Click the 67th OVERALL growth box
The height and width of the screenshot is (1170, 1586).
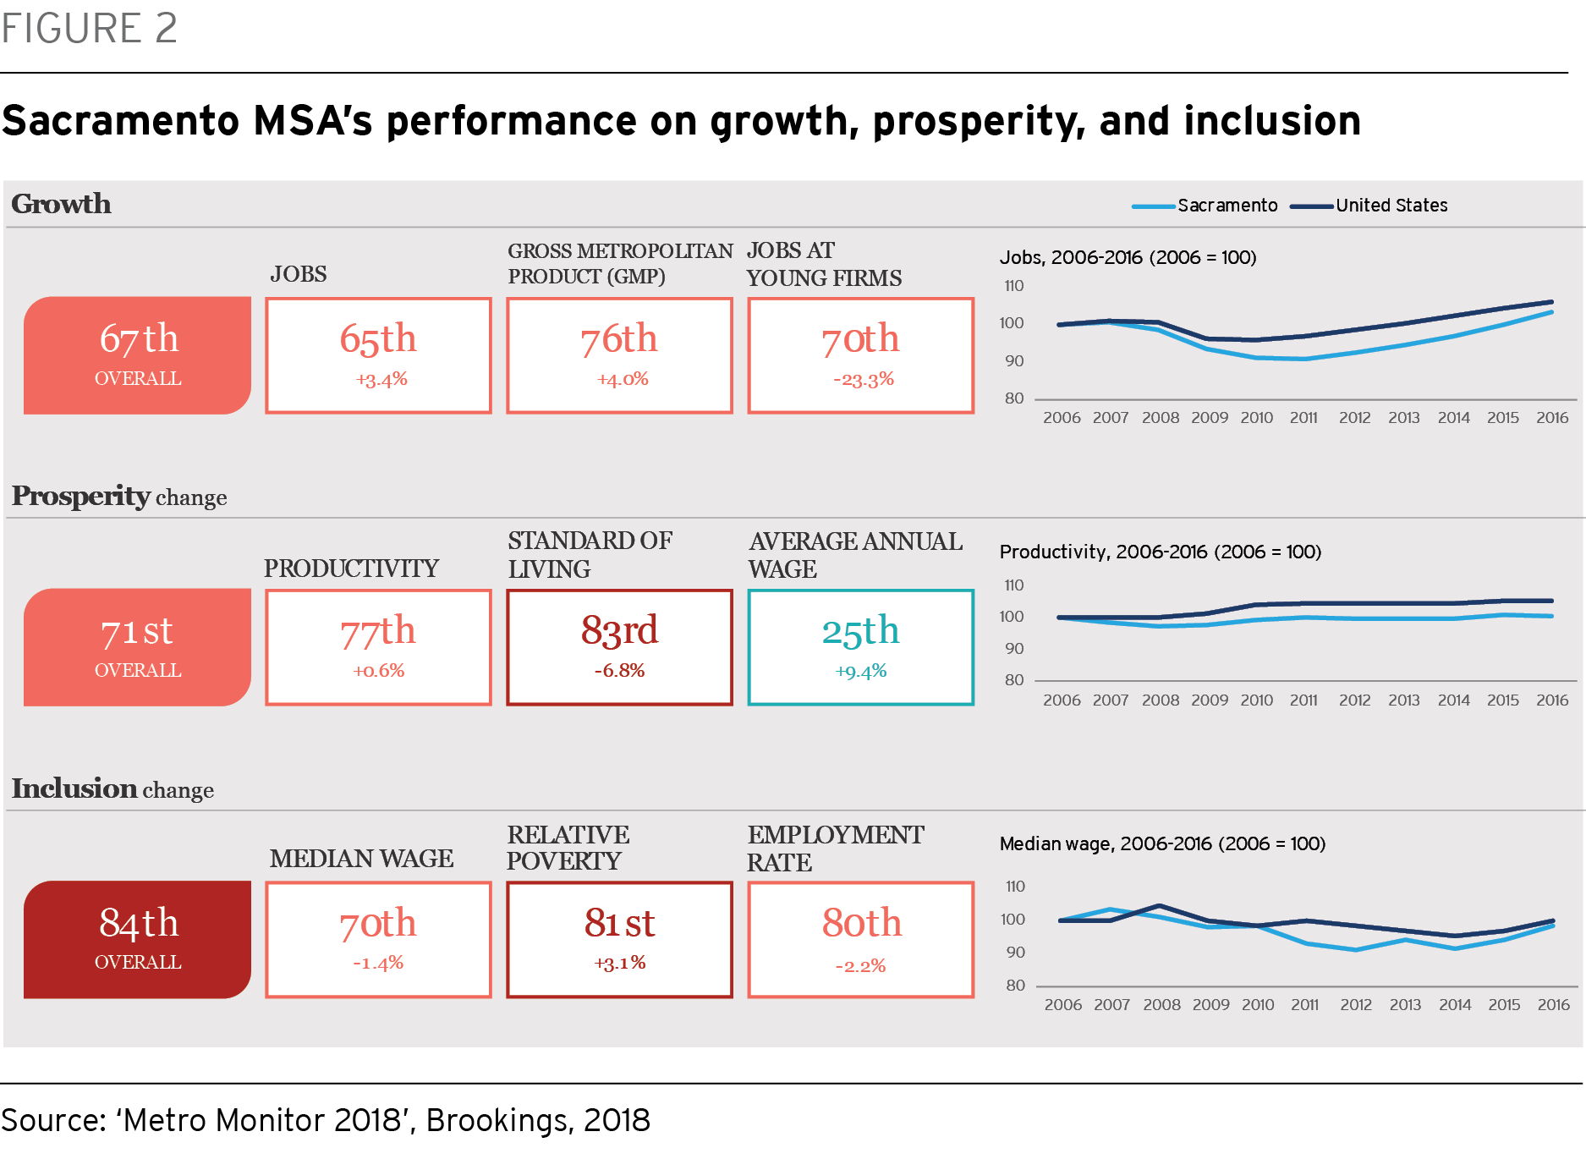[137, 355]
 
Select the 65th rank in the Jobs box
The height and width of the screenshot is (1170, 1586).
[378, 338]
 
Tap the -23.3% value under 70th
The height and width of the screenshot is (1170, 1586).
[864, 379]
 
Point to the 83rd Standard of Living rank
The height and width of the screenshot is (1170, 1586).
[619, 630]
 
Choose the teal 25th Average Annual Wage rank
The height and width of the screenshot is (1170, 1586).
[860, 631]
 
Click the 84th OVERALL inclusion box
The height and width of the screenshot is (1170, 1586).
[137, 939]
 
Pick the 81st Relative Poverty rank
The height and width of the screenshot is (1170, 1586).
[619, 923]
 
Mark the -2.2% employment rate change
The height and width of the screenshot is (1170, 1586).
[860, 966]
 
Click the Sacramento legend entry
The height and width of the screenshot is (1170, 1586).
[1205, 206]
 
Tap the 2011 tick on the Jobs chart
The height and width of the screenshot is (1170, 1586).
[1303, 418]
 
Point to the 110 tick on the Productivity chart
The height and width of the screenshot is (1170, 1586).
[1014, 585]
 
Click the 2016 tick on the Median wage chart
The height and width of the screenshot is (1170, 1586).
[1554, 1005]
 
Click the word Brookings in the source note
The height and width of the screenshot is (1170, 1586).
[497, 1121]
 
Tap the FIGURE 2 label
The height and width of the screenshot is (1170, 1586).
[89, 28]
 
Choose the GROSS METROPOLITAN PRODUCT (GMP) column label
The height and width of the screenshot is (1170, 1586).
[620, 264]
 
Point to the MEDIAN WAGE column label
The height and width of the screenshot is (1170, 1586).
[362, 859]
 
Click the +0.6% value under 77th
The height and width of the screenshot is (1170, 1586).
[379, 671]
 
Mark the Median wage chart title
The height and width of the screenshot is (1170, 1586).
[1162, 843]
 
